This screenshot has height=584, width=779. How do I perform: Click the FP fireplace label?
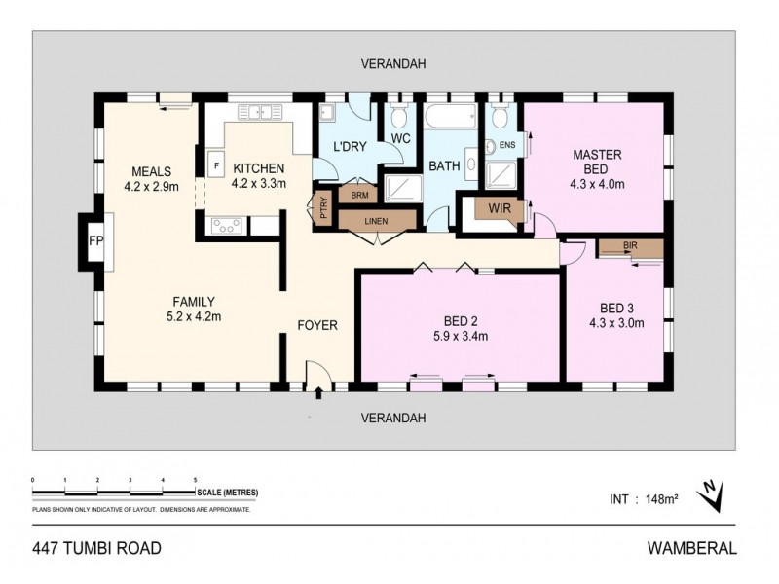[x=95, y=240]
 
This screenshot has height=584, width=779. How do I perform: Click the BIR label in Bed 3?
[x=629, y=246]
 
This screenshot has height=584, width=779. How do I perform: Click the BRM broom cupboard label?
[x=359, y=195]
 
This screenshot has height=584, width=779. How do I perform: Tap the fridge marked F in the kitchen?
[x=215, y=165]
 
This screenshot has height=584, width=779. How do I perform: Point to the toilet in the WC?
[x=399, y=119]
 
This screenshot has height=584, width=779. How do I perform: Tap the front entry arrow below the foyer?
[x=319, y=394]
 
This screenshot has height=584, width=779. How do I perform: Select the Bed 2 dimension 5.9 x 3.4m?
[x=460, y=337]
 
